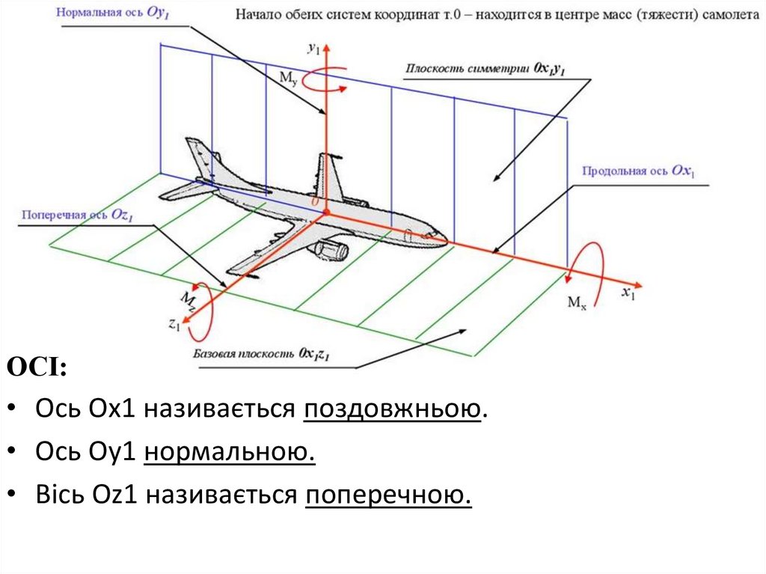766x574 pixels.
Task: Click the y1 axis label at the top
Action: coord(314,49)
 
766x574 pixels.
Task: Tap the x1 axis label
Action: coord(628,293)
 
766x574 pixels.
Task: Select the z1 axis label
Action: coord(174,325)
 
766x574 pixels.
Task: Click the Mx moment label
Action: coord(576,303)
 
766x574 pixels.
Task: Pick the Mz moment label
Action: coord(189,301)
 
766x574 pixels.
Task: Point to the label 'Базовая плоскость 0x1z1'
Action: coord(261,352)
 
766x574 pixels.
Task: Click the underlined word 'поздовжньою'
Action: coord(391,410)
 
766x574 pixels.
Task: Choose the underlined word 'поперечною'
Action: coord(388,495)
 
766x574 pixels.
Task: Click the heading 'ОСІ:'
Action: coord(37,368)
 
